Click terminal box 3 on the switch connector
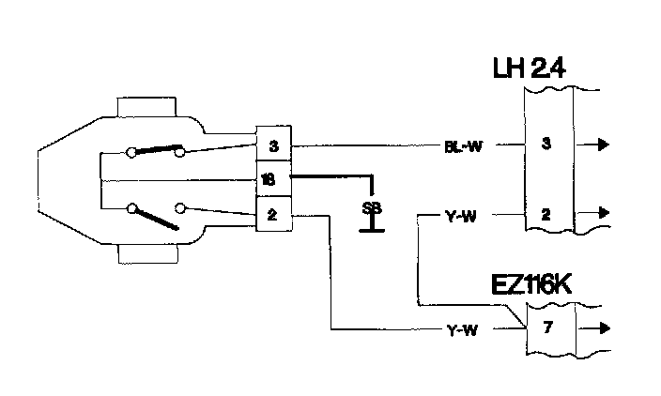pyautogui.click(x=274, y=145)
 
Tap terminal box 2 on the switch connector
pyautogui.click(x=273, y=215)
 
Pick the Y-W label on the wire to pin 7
pyautogui.click(x=459, y=329)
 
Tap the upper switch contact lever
pyautogui.click(x=156, y=148)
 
